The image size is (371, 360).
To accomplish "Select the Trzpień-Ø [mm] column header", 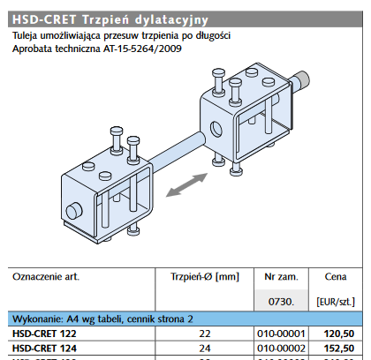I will point(204,276).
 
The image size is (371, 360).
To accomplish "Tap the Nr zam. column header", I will point(281,276).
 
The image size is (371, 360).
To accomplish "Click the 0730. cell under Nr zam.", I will point(280,301).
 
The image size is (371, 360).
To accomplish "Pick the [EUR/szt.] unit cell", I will point(335,302).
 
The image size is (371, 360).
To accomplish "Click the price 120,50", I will point(339,334).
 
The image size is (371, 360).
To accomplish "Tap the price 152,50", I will point(339,348).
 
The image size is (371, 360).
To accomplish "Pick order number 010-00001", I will point(280,334).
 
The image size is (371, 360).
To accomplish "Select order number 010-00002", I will point(280,348).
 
